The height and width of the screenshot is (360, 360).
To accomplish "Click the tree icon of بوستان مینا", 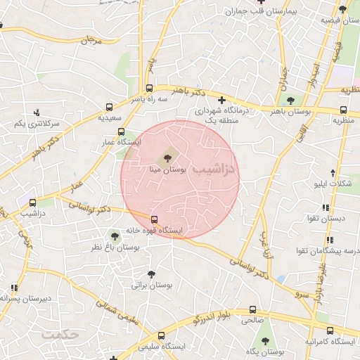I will pos(167,157).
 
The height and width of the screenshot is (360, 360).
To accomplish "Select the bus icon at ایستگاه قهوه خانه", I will pos(155,219).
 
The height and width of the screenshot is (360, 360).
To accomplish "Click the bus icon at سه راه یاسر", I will pos(149,89).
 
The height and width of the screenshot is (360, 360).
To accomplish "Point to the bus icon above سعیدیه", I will pos(109,107).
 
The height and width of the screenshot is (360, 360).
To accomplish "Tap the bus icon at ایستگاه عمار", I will pos(121,131).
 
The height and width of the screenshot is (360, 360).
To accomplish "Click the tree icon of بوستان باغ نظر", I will pos(115,236).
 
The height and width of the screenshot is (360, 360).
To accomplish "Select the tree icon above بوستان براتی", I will pos(151,275).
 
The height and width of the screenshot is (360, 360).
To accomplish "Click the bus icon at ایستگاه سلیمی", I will pos(161,335).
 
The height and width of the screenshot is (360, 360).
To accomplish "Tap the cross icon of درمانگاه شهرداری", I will pos(222,100).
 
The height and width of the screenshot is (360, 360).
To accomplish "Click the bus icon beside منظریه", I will pos(343,110).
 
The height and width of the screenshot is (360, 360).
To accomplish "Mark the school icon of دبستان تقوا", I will pos(325,207).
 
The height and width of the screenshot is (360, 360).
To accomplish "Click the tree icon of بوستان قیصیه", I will pos(342,9).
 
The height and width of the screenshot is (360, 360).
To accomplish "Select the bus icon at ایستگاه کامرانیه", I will pos(330,330).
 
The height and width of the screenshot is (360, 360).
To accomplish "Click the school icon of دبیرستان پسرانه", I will pos(14,288).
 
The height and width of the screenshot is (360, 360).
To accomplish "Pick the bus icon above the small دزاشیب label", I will pos(32,202).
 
